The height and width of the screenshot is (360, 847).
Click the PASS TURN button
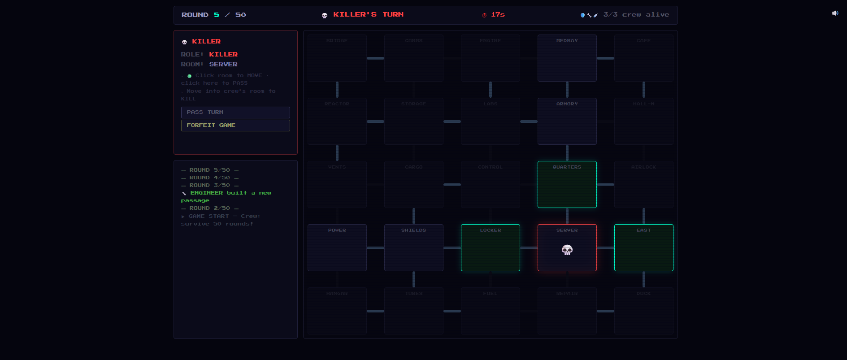point(235,112)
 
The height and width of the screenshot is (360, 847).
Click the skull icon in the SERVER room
point(567,250)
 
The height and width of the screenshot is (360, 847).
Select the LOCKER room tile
point(490,247)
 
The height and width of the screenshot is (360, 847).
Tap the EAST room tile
point(643,247)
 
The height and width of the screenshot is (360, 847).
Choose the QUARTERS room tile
point(567,184)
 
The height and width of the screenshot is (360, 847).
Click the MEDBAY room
point(567,58)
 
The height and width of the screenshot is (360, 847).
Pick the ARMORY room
point(567,121)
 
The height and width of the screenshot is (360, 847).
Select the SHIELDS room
point(413,247)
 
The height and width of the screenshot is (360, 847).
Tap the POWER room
point(337,247)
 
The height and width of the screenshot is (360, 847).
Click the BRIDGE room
point(337,58)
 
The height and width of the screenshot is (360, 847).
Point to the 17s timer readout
point(497,15)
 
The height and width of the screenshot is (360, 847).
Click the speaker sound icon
point(835,13)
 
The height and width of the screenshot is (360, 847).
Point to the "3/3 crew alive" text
point(636,15)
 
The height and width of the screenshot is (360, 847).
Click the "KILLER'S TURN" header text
point(368,15)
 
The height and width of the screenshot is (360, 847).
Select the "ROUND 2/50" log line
point(209,208)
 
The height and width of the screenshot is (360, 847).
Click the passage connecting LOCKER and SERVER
point(529,248)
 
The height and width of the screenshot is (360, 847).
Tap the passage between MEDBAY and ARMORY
point(567,90)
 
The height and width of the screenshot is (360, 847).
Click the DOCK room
point(643,311)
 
